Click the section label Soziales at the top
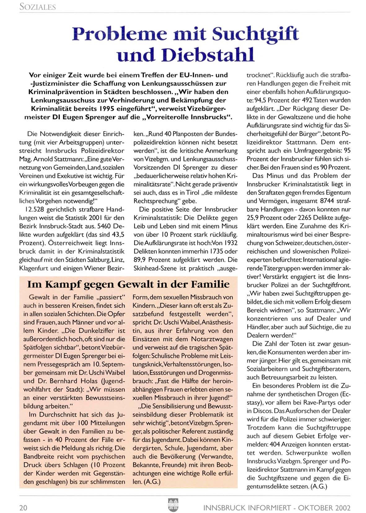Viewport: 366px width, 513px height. point(37,7)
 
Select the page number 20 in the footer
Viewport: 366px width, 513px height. point(23,508)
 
